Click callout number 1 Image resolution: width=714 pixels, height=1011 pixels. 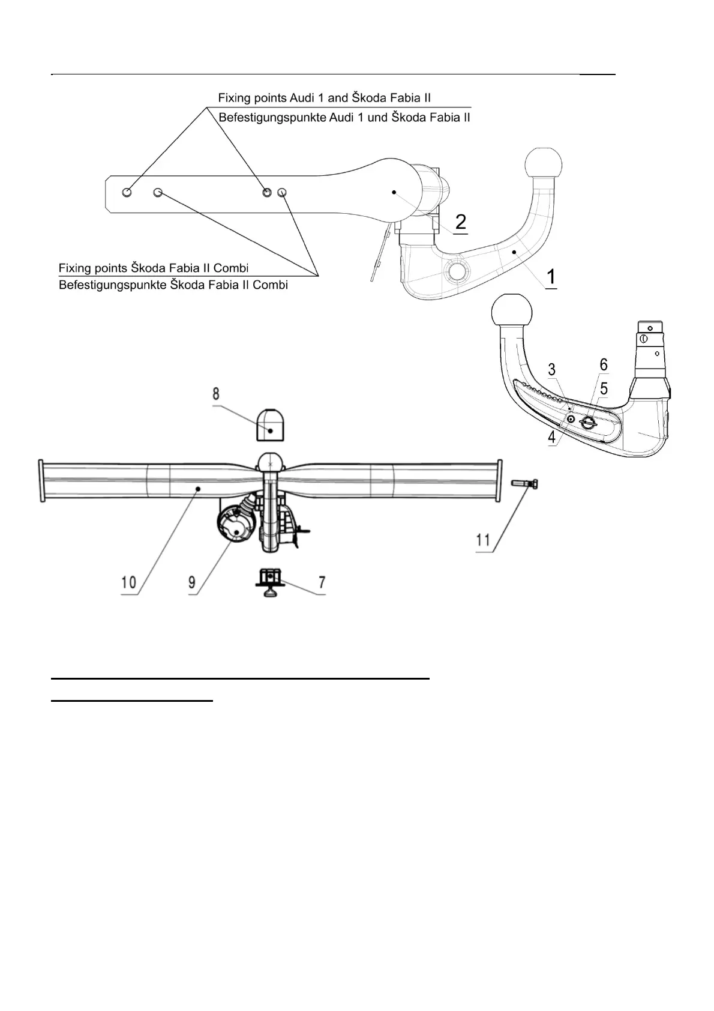[x=551, y=277]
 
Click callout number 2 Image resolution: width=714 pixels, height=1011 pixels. [x=460, y=222]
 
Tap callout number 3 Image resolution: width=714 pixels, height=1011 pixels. [x=551, y=369]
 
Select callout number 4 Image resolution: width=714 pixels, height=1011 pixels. [x=551, y=437]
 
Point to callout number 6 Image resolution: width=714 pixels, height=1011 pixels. [x=603, y=364]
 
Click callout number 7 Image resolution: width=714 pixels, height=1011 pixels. [x=322, y=582]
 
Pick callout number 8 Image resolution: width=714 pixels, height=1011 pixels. [x=215, y=394]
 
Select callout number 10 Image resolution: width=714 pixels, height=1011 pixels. [x=128, y=582]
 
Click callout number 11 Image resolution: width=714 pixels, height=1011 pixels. [x=484, y=540]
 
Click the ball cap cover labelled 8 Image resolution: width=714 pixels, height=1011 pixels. [x=270, y=426]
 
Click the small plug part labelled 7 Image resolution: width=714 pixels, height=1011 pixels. [x=271, y=580]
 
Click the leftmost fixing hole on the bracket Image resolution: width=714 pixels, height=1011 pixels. [x=127, y=192]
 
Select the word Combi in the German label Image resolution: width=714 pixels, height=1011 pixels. [x=270, y=285]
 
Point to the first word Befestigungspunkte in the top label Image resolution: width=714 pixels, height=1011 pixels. [x=272, y=118]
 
